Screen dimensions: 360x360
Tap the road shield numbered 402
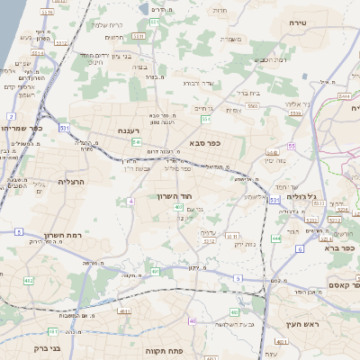(28, 282)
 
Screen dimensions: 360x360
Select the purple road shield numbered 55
(292, 145)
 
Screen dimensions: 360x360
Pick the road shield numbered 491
(155, 271)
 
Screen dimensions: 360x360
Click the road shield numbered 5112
(61, 42)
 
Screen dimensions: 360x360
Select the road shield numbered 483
(233, 312)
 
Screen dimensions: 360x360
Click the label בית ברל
(248, 93)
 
